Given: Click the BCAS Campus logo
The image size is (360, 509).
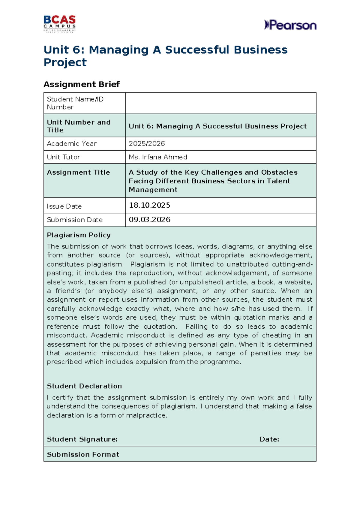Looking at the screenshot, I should tap(59, 23).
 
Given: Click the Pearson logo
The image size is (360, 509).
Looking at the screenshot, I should tap(290, 25).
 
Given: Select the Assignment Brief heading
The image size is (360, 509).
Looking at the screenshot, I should tap(82, 84).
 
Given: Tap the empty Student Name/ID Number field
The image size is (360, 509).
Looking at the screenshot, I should tap(220, 103).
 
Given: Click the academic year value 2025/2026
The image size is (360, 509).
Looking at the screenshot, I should tap(147, 144).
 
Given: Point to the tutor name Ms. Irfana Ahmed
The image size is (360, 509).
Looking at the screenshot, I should tap(158, 157).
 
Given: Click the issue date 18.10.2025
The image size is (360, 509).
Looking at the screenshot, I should tap(149, 205).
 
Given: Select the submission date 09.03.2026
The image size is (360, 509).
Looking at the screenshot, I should tap(149, 220).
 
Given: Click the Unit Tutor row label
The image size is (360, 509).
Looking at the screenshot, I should tap(64, 157).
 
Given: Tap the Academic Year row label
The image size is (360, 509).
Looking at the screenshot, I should tap(72, 144).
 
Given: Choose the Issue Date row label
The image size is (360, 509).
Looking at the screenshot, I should tap(64, 206).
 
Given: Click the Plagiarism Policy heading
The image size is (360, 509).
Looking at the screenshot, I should tap(79, 235).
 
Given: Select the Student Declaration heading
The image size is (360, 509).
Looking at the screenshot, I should tap(84, 386).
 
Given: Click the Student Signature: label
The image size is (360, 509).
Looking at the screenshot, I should tap(82, 439).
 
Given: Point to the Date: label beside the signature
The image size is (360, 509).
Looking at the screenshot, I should tap(269, 439).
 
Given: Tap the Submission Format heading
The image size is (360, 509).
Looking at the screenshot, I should tap(83, 454).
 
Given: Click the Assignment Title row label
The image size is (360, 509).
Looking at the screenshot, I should tap(78, 172).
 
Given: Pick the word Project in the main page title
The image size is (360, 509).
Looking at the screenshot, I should tap(65, 62).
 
